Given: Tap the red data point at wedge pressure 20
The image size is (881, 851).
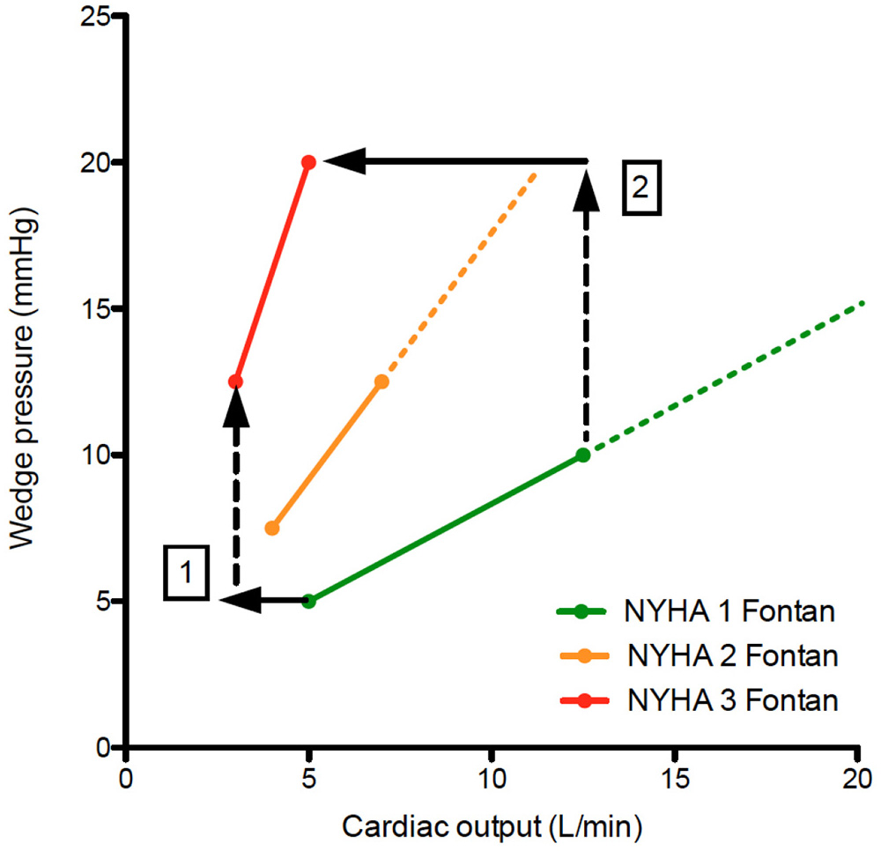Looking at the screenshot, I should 308,162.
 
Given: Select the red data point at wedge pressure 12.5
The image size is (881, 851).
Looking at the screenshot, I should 235,381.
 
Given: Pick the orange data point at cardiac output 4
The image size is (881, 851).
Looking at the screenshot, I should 272,528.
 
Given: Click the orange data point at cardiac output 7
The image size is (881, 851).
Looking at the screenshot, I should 381,381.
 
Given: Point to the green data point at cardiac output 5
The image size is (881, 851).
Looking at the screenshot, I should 308,601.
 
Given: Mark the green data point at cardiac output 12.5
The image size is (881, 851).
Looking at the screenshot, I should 582,455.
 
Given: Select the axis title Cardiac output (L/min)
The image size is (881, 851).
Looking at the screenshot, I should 491,826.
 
